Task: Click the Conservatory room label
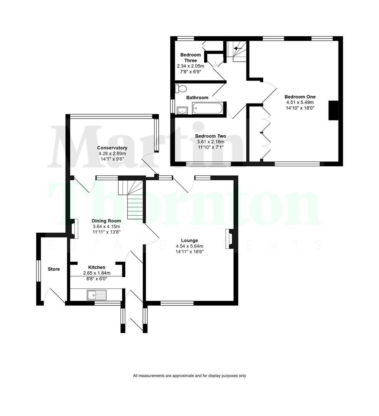[112, 148]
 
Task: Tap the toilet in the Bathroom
[179, 89]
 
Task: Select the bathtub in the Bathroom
[208, 108]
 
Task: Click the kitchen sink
[96, 295]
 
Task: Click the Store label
[54, 269]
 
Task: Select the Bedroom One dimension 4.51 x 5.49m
[300, 102]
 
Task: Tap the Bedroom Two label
[210, 136]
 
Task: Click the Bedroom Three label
[190, 58]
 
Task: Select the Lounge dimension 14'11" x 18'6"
[189, 252]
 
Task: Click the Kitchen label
[97, 267]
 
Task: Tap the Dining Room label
[106, 221]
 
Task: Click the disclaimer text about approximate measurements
[189, 376]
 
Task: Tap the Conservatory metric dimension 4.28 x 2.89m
[112, 153]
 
